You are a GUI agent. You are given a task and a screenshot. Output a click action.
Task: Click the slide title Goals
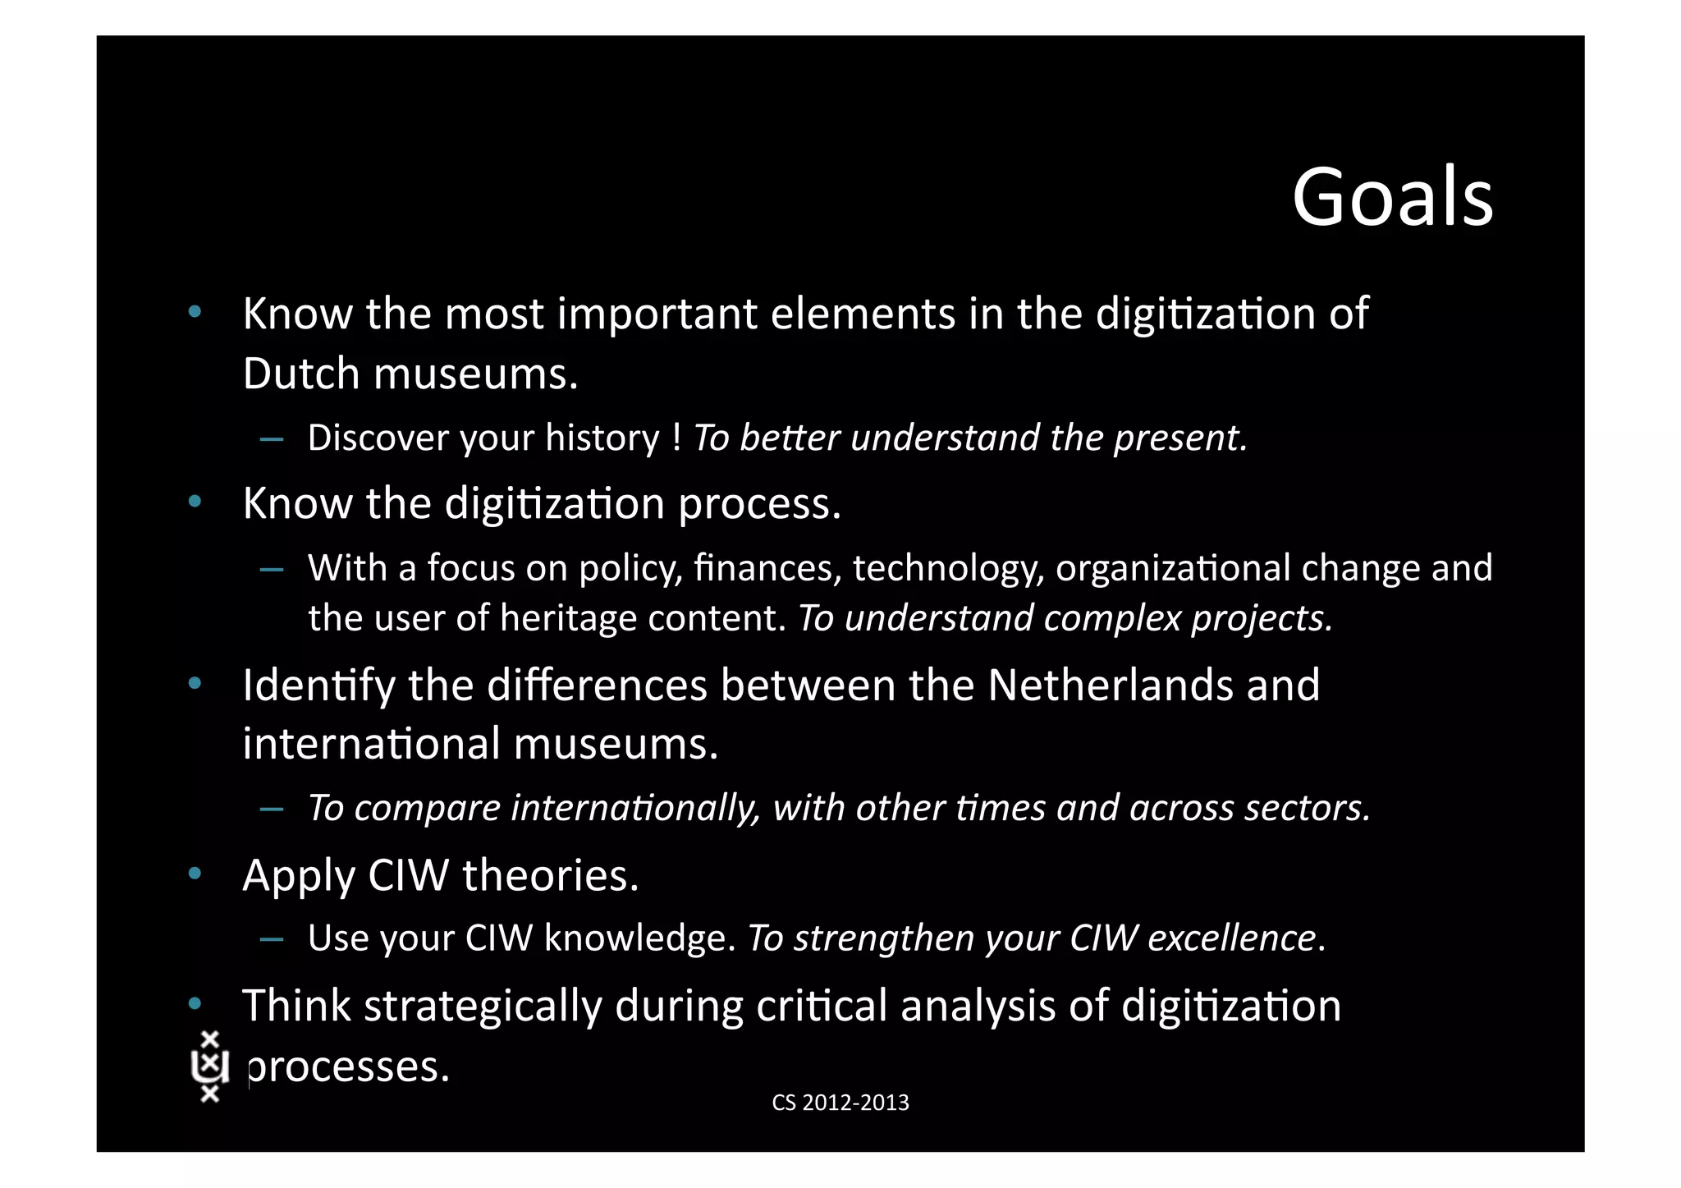[x=1392, y=198]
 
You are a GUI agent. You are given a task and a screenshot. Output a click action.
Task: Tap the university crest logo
[x=209, y=1066]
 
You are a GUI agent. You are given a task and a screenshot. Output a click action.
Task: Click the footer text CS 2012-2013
[x=840, y=1103]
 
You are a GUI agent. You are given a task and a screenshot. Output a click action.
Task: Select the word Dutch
[x=301, y=374]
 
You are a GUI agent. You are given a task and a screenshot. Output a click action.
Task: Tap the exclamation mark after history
[x=676, y=438]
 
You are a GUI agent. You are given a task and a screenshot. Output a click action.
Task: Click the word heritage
[x=568, y=618]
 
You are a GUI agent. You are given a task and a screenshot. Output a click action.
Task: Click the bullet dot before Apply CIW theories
[x=195, y=874]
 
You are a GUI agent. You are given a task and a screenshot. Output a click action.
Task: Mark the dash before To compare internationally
[x=272, y=809]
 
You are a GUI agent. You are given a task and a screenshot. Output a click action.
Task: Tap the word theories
[x=550, y=875]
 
